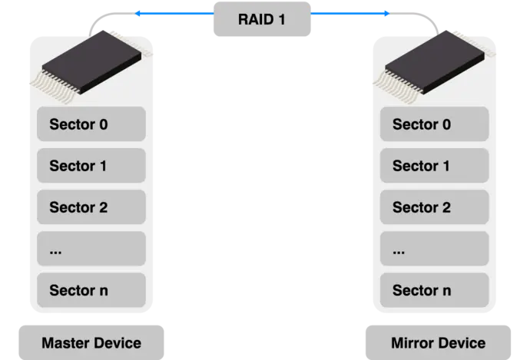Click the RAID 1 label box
[x=261, y=19]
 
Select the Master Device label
[x=91, y=342]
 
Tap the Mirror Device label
[x=438, y=342]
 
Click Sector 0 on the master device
[x=91, y=124]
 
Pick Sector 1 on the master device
[x=91, y=166]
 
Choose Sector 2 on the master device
[x=91, y=207]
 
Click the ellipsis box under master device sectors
[x=91, y=249]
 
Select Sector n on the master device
[x=91, y=291]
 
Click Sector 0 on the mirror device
[x=434, y=124]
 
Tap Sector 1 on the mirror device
[x=434, y=166]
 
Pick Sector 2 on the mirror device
[x=434, y=207]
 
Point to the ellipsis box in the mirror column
[x=434, y=249]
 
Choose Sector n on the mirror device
[x=434, y=291]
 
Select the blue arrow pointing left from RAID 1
[x=173, y=13]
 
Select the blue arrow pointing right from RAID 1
[x=349, y=13]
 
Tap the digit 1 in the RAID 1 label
[x=281, y=19]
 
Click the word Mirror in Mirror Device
[x=412, y=342]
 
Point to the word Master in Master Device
[x=65, y=342]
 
